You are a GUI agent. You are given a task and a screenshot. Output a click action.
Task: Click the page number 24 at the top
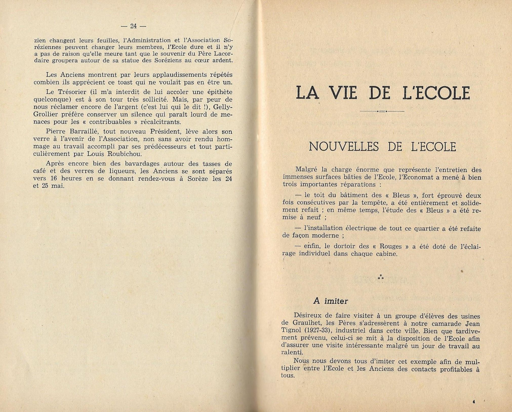133,26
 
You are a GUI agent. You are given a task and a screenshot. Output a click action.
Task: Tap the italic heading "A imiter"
331,301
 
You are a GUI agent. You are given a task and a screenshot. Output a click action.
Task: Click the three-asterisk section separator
381,277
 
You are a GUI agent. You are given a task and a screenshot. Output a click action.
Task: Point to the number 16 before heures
54,178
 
